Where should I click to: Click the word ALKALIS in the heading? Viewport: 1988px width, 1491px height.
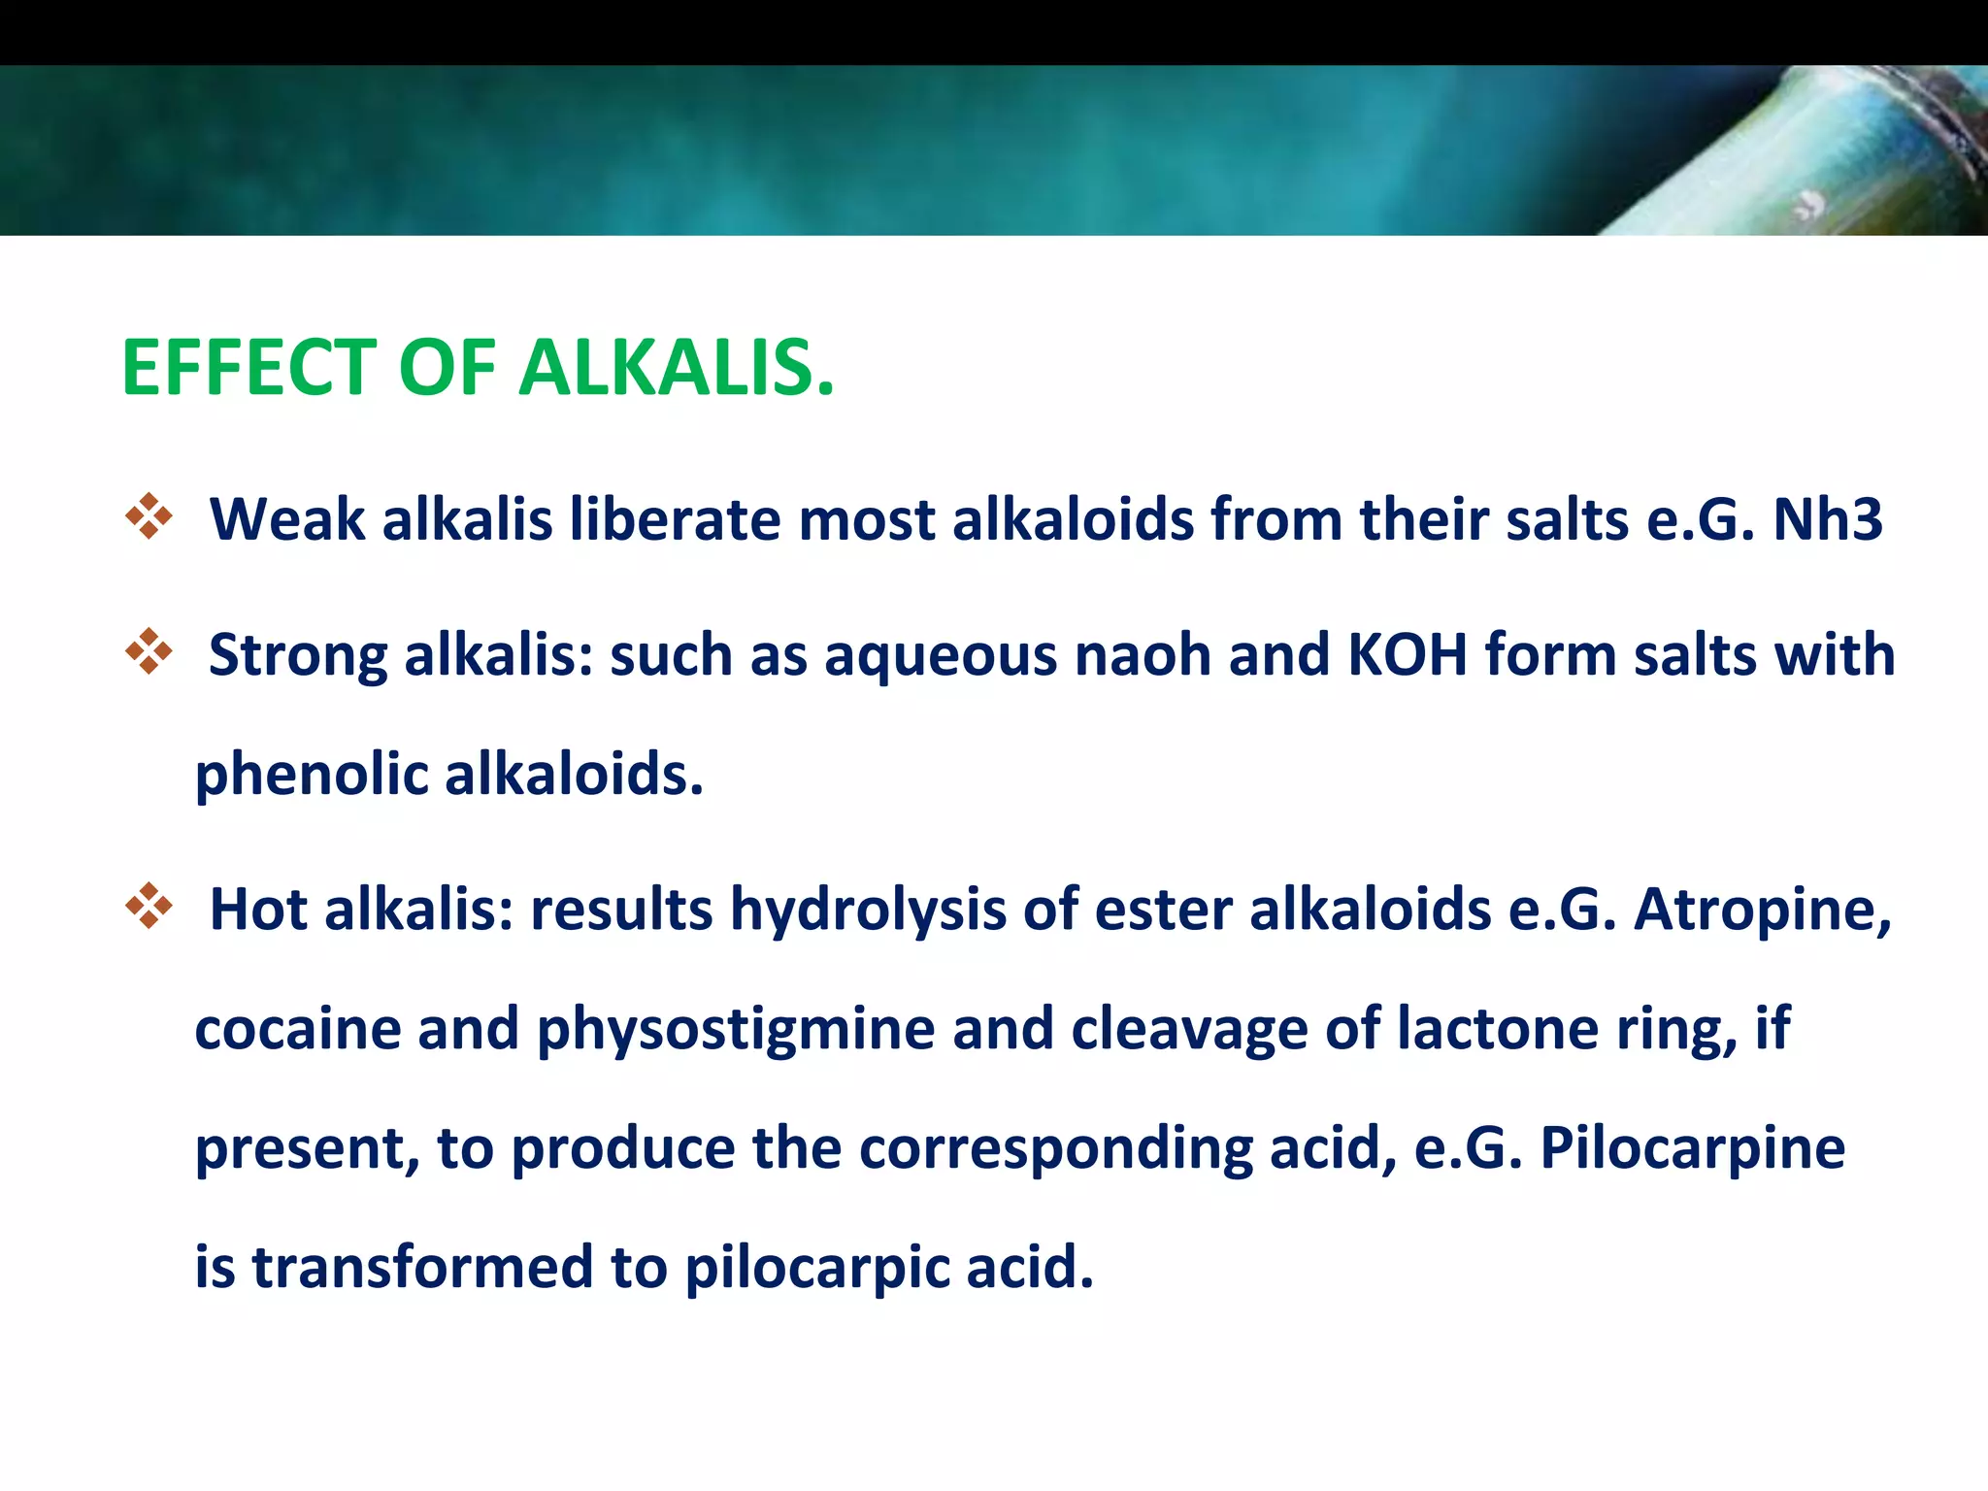pyautogui.click(x=676, y=369)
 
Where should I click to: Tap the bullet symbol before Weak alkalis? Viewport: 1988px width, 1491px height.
pyautogui.click(x=149, y=516)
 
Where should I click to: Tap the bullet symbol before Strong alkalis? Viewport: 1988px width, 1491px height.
pyautogui.click(x=149, y=651)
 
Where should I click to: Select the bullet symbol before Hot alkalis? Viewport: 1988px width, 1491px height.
pyautogui.click(x=149, y=906)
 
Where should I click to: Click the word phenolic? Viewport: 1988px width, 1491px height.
pyautogui.click(x=312, y=776)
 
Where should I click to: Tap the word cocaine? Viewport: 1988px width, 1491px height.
pyautogui.click(x=298, y=1030)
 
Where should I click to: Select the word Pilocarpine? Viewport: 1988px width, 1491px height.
pyautogui.click(x=1693, y=1149)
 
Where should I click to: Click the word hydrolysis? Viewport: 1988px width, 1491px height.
pyautogui.click(x=868, y=911)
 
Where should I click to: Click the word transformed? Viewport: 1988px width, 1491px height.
pyautogui.click(x=422, y=1268)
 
